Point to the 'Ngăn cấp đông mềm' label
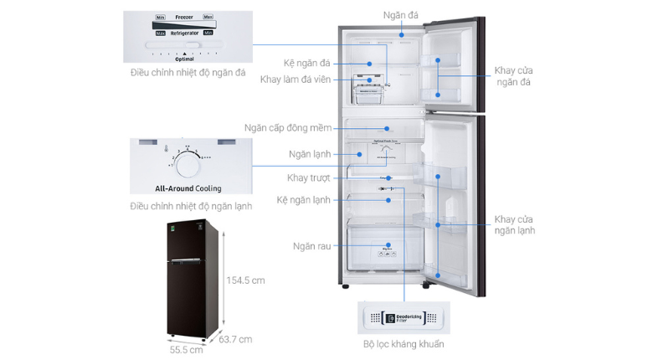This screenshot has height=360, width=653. coord(288,128)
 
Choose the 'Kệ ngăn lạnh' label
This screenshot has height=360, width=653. coord(303,200)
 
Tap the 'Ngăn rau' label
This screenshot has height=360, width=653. coord(310,246)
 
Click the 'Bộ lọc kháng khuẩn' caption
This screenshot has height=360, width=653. coord(404,343)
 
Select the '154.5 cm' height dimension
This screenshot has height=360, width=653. coord(244,280)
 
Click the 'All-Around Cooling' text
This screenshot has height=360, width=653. coord(188,188)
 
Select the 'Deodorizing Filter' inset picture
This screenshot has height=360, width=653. coord(403,318)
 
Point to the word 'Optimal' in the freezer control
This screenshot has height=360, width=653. coord(184,59)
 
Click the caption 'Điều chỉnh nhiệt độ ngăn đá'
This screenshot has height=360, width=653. coord(188,73)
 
